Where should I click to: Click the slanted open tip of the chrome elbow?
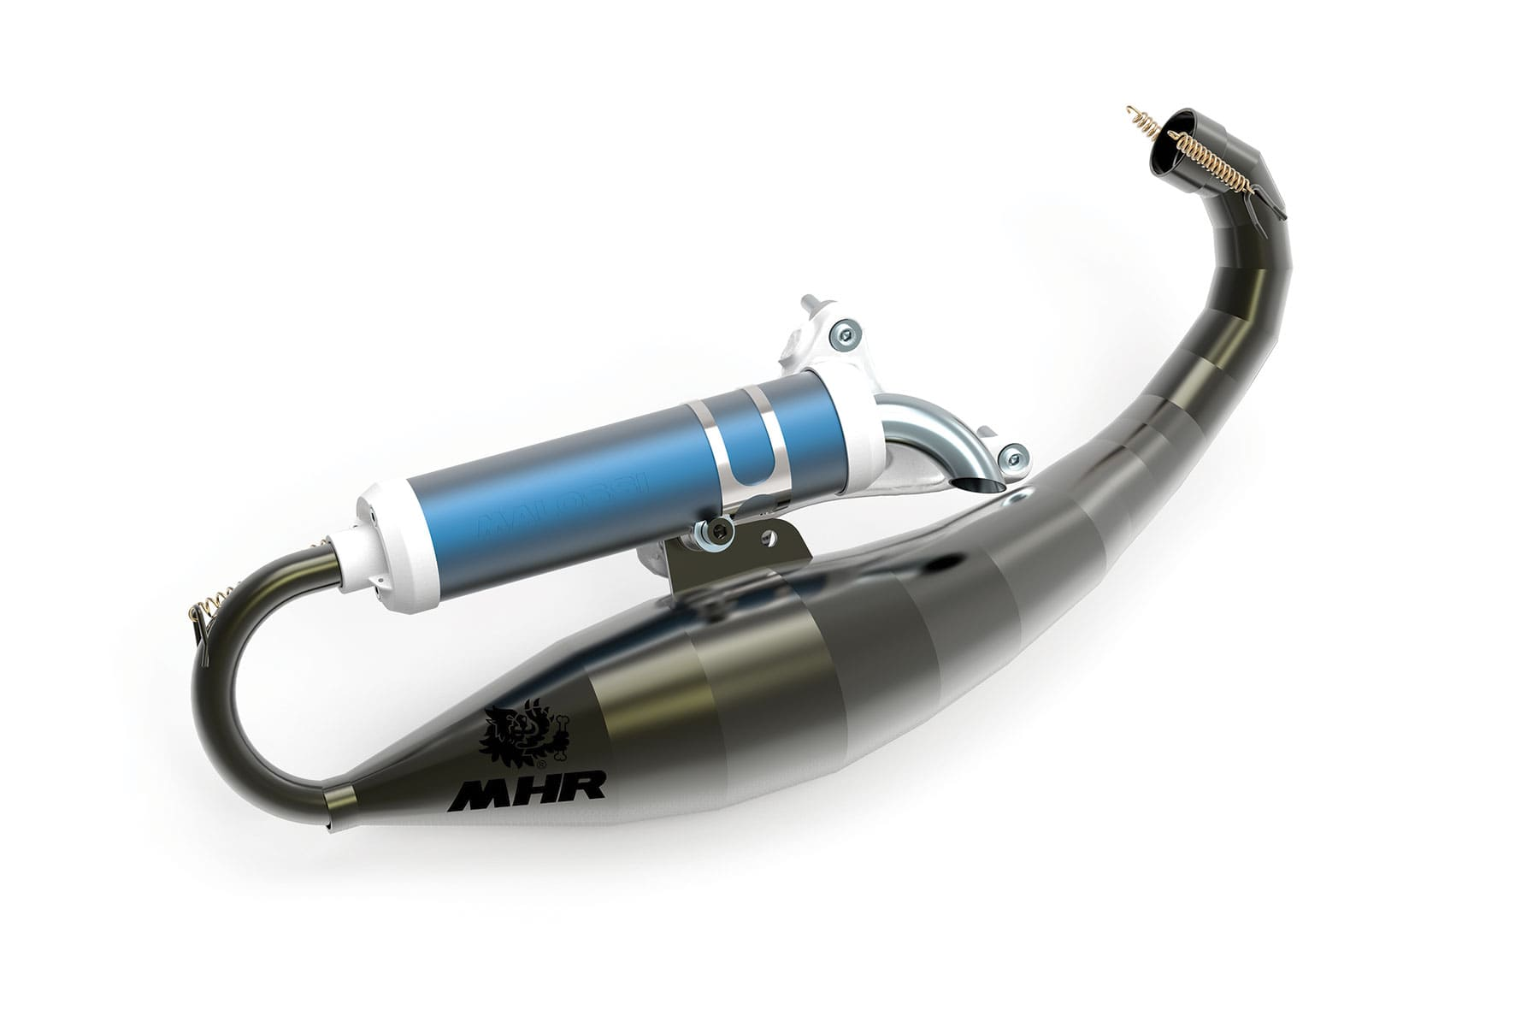tap(975, 487)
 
